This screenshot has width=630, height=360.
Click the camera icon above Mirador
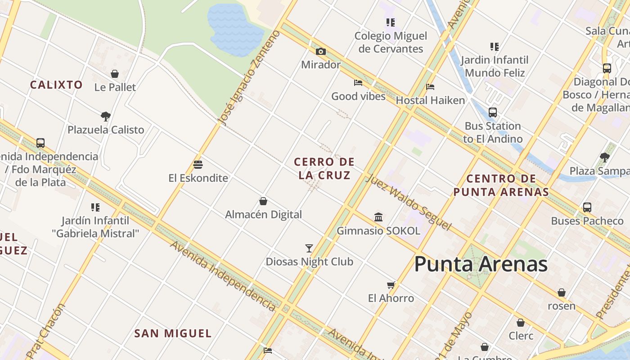(x=320, y=52)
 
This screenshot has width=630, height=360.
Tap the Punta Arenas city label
(x=481, y=264)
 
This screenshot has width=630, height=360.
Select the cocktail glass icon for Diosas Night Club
(x=309, y=248)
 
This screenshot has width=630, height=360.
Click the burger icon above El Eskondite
(x=198, y=165)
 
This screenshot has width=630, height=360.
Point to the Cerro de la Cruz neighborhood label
(x=324, y=168)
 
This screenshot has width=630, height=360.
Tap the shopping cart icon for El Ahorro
(x=391, y=285)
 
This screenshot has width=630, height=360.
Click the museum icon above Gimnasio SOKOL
(x=378, y=217)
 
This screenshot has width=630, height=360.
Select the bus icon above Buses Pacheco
(x=587, y=207)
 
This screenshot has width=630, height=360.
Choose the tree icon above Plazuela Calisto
(x=106, y=117)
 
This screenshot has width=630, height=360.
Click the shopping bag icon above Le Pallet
(x=115, y=74)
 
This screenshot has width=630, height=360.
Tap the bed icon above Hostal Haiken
(x=430, y=87)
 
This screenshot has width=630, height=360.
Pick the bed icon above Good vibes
(x=358, y=83)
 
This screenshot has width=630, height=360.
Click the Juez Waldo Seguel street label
(x=408, y=202)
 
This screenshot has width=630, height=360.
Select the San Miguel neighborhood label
(x=173, y=333)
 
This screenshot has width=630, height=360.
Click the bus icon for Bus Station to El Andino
(x=493, y=112)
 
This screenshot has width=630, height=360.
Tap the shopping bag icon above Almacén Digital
(x=263, y=201)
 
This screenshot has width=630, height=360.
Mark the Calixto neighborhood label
(x=56, y=85)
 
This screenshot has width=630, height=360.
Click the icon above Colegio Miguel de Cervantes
(x=391, y=22)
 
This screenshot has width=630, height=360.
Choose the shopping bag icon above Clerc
(x=521, y=323)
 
